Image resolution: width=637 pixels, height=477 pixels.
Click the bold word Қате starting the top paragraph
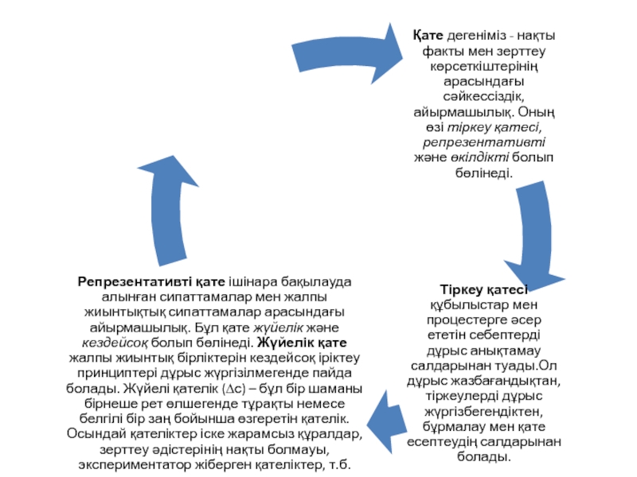point(428,36)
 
